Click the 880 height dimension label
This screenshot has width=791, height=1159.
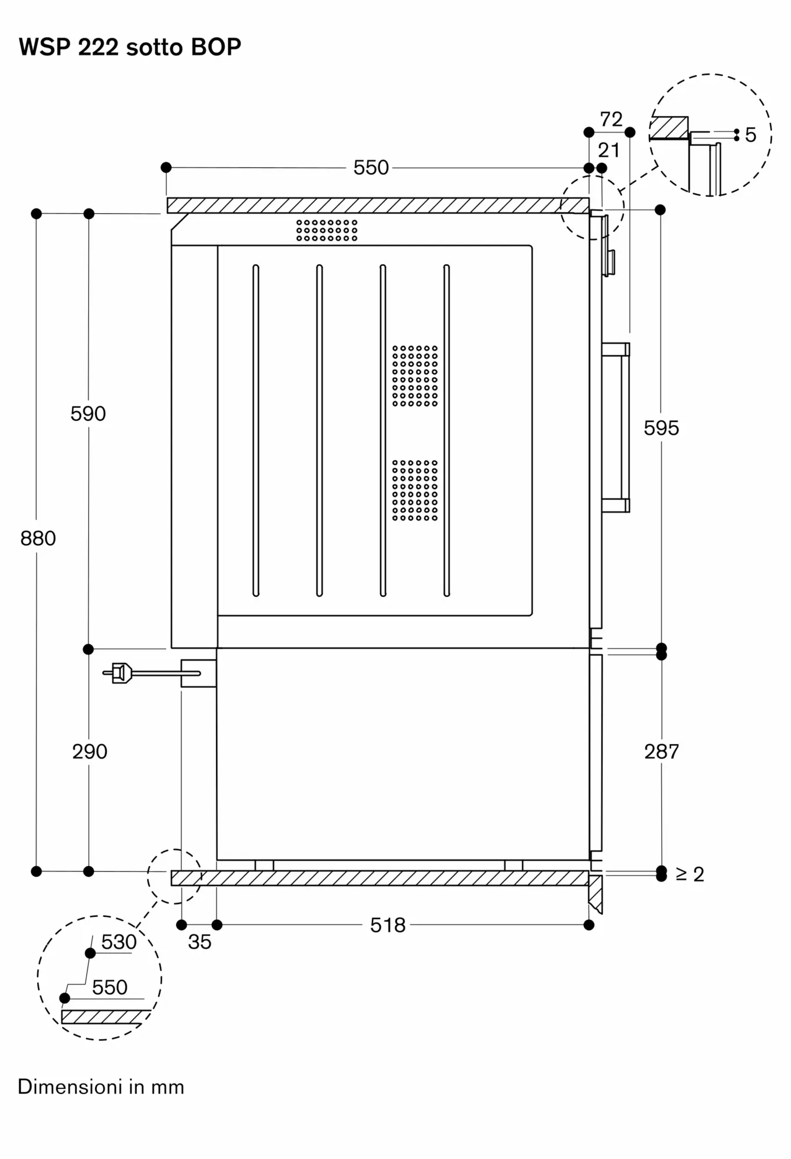pos(38,538)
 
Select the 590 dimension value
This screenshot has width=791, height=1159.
pos(88,414)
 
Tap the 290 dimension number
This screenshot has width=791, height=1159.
pos(90,752)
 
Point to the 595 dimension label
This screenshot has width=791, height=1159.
pos(661,428)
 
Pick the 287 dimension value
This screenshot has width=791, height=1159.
pos(661,752)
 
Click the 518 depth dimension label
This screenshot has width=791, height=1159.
pos(388,925)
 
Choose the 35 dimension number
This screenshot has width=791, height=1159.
pos(199,942)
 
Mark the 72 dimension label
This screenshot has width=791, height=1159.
pos(611,119)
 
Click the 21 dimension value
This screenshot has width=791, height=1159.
pos(608,151)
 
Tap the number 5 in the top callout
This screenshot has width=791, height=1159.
pos(750,135)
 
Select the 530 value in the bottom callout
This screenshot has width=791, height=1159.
pos(119,942)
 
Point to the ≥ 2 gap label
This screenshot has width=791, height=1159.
pos(690,874)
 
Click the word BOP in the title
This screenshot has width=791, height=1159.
pos(216,47)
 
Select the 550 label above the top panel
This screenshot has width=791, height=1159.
pos(371,168)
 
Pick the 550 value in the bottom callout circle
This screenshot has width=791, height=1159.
pos(110,987)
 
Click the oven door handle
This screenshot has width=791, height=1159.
pos(616,428)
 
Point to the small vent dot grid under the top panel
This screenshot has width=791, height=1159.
pos(327,230)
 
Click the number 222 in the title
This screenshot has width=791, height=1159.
pos(98,47)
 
